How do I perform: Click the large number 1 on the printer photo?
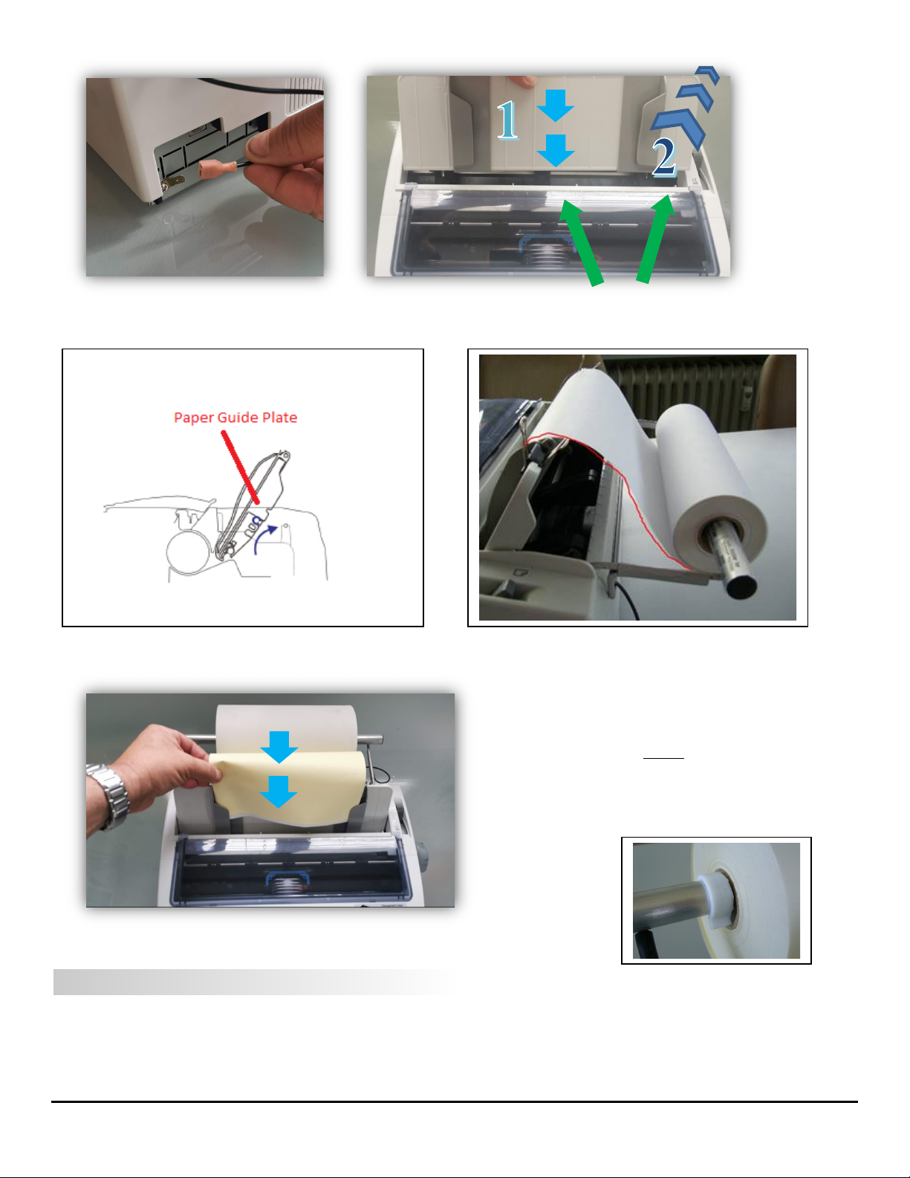[x=507, y=120]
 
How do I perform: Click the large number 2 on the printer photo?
[x=664, y=157]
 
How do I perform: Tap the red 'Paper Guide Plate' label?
[x=235, y=418]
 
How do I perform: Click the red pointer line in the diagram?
[x=241, y=467]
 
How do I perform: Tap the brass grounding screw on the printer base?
[x=171, y=184]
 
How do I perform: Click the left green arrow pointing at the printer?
[x=581, y=242]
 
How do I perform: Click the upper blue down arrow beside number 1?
[x=555, y=106]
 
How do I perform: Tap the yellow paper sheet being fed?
[x=290, y=787]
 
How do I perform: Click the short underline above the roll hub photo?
[x=663, y=757]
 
